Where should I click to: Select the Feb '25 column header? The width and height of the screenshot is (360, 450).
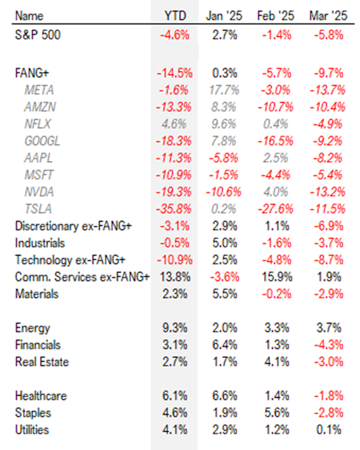click(275, 16)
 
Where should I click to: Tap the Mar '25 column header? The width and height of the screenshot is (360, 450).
click(328, 16)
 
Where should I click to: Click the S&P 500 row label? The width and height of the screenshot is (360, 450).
click(38, 35)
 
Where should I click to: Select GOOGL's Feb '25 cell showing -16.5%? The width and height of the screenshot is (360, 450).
click(275, 141)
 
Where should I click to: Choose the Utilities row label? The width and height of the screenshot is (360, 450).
click(32, 430)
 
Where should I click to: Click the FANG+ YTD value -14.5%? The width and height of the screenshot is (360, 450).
click(174, 73)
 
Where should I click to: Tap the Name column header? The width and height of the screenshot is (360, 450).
click(29, 16)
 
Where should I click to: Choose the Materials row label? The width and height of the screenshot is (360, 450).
click(36, 294)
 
